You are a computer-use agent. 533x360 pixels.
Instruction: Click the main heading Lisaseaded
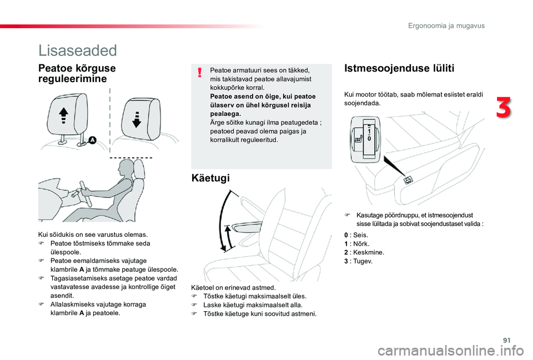78,50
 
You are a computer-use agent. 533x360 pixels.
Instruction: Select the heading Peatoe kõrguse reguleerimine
77,74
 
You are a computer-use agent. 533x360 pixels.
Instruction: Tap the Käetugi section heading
210,178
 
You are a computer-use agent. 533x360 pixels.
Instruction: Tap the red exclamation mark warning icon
199,72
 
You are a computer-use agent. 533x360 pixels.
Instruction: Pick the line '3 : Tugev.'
359,261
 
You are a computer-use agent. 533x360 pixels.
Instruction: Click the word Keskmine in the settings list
364,252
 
